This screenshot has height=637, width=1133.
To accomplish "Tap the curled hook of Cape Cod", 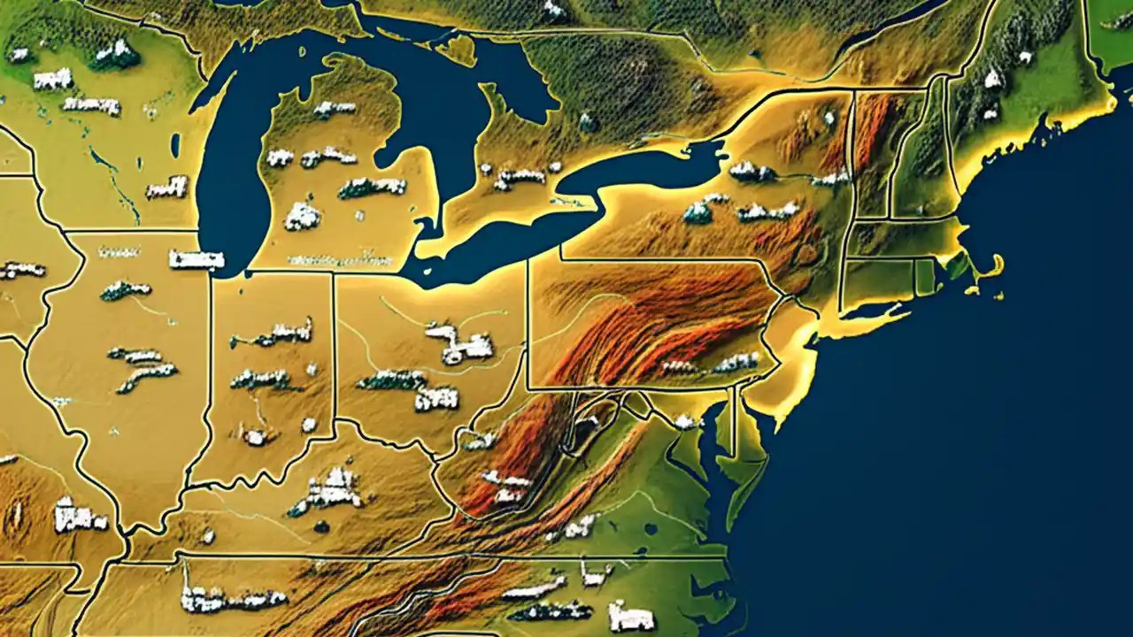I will point(996,265).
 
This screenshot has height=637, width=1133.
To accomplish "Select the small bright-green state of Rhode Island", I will point(925,277).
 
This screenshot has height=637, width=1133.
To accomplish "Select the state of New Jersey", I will point(783,345).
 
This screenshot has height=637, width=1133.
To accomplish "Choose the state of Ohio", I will point(416,354).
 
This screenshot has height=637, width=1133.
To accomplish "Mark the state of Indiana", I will point(266,380).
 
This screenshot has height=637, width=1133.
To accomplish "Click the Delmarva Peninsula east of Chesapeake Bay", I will point(748,451).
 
